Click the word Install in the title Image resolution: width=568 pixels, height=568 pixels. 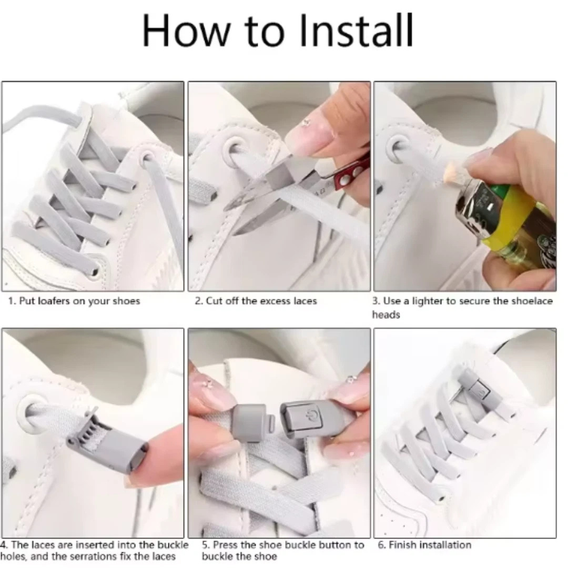click(357, 31)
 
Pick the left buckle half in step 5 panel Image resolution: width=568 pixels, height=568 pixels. click(251, 422)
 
